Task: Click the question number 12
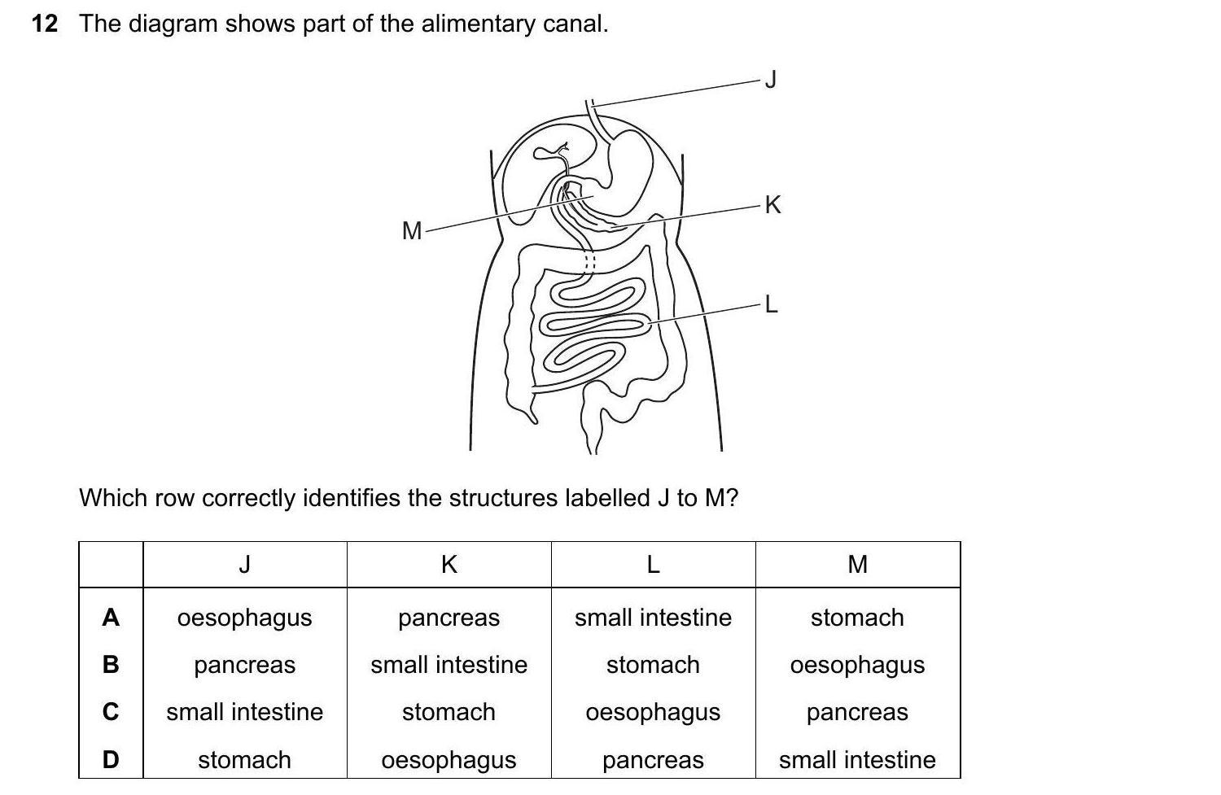pyautogui.click(x=45, y=24)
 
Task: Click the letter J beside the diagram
pyautogui.click(x=772, y=79)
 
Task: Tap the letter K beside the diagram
pyautogui.click(x=772, y=205)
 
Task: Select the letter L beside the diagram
pyautogui.click(x=772, y=305)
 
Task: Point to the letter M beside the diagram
pyautogui.click(x=412, y=232)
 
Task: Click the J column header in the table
pyautogui.click(x=244, y=564)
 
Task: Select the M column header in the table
pyautogui.click(x=857, y=564)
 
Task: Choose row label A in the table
pyautogui.click(x=111, y=618)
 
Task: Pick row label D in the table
pyautogui.click(x=111, y=760)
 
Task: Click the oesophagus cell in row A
pyautogui.click(x=244, y=618)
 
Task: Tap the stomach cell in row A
pyautogui.click(x=857, y=618)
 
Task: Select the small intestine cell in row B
pyautogui.click(x=449, y=665)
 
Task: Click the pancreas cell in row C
pyautogui.click(x=857, y=712)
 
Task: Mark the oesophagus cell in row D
pyautogui.click(x=449, y=760)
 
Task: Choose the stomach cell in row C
pyautogui.click(x=449, y=712)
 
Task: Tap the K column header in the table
pyautogui.click(x=449, y=564)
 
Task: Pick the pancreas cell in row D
pyautogui.click(x=653, y=760)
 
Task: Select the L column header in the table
pyautogui.click(x=653, y=564)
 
